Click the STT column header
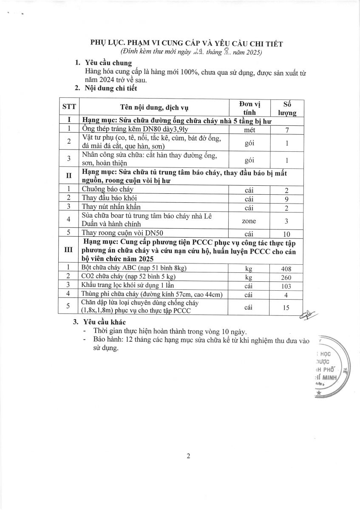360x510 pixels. (68, 108)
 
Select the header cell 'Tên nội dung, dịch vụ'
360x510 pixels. (153, 108)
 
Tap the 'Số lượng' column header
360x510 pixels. (287, 108)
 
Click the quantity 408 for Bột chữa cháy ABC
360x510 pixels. (286, 268)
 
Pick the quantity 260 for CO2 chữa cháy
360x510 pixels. (286, 277)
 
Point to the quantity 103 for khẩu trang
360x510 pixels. (286, 286)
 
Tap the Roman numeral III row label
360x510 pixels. (68, 251)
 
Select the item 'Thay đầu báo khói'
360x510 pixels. (109, 198)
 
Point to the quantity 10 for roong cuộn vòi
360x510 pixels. (286, 233)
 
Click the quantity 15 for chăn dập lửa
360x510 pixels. (286, 307)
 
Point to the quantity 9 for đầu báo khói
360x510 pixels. (286, 198)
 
